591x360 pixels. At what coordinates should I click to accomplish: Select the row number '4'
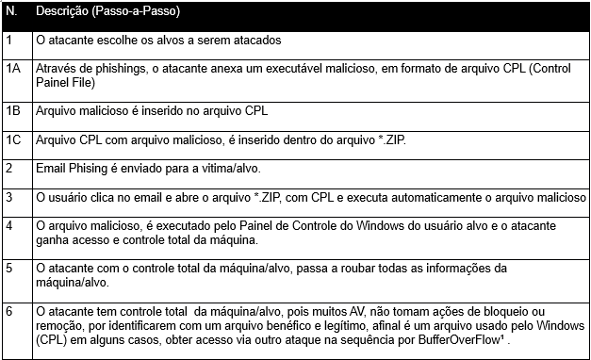click(x=9, y=226)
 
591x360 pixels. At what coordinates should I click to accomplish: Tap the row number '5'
click(x=9, y=268)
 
